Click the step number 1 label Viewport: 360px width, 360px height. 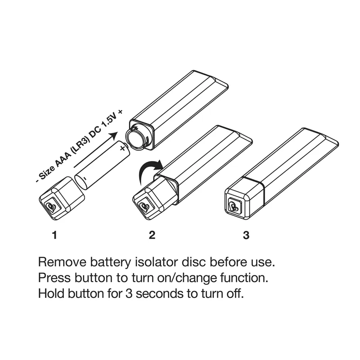(54, 235)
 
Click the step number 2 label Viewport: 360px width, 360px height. (152, 235)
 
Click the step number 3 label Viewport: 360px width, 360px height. (246, 235)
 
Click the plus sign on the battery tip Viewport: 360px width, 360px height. (122, 148)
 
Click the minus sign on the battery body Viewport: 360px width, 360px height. (83, 179)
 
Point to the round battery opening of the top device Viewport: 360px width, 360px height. (135, 138)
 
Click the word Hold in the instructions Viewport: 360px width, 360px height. (50, 294)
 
